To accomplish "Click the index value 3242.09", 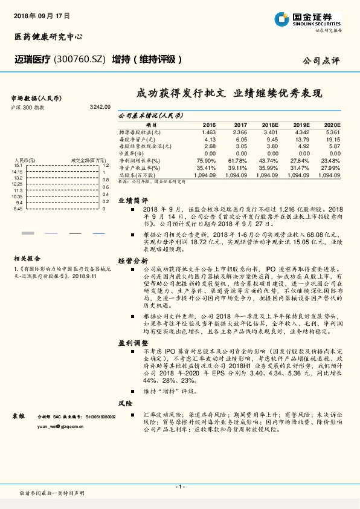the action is point(99,106).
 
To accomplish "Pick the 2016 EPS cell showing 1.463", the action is point(208,131).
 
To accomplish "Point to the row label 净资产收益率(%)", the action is point(140,167).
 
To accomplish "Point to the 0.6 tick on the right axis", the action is point(105,187).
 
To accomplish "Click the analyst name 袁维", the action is point(19,417).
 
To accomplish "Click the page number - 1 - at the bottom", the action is point(179,487).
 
